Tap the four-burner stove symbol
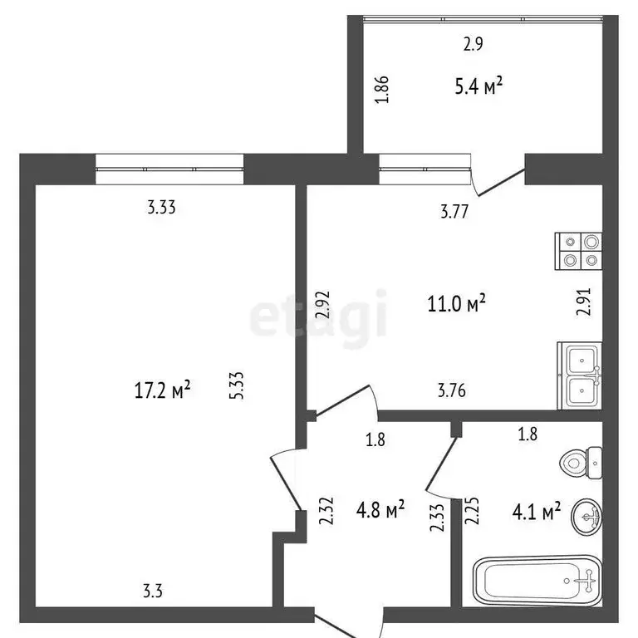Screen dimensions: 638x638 pyautogui.click(x=579, y=251)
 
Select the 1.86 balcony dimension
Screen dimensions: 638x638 pyautogui.click(x=382, y=89)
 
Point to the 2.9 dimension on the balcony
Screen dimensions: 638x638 pyautogui.click(x=474, y=46)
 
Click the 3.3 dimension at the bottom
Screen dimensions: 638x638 pyautogui.click(x=153, y=591)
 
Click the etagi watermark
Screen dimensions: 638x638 pyautogui.click(x=319, y=315)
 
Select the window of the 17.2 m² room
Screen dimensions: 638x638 pyautogui.click(x=169, y=169)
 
